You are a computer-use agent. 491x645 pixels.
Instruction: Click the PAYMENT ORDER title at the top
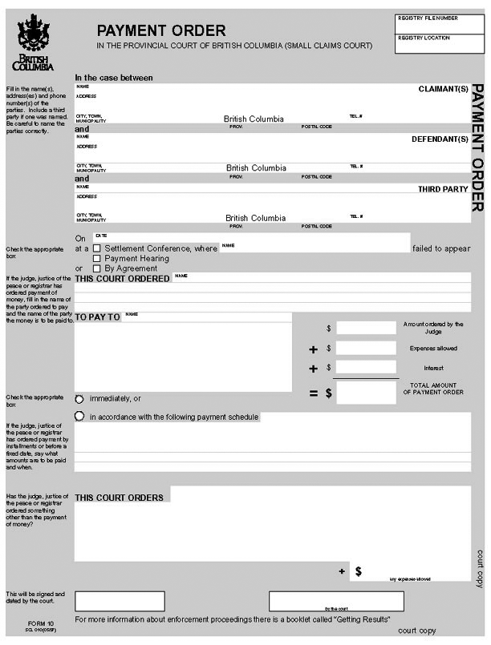(161, 30)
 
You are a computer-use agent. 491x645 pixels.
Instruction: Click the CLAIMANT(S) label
(443, 89)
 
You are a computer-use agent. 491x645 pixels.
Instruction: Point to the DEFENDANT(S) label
(439, 139)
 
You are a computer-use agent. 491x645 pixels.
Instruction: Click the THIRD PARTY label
(443, 189)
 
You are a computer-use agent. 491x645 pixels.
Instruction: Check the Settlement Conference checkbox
(97, 248)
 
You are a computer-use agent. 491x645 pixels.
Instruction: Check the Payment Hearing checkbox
(97, 259)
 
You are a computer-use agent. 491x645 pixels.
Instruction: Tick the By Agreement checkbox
(97, 268)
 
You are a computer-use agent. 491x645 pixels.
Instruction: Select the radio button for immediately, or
(79, 398)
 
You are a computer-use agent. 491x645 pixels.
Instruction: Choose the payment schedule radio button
(79, 417)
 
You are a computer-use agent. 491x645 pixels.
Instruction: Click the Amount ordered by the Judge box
(366, 328)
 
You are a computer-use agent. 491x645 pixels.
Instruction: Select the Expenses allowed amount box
(366, 349)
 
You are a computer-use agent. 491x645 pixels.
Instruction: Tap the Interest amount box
(366, 368)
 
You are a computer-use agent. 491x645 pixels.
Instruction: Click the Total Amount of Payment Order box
(366, 393)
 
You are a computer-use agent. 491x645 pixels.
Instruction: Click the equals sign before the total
(314, 393)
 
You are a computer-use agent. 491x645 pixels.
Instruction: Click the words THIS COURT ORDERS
(120, 498)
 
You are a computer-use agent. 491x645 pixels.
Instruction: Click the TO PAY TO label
(97, 317)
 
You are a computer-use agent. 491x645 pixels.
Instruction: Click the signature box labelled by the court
(336, 600)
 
